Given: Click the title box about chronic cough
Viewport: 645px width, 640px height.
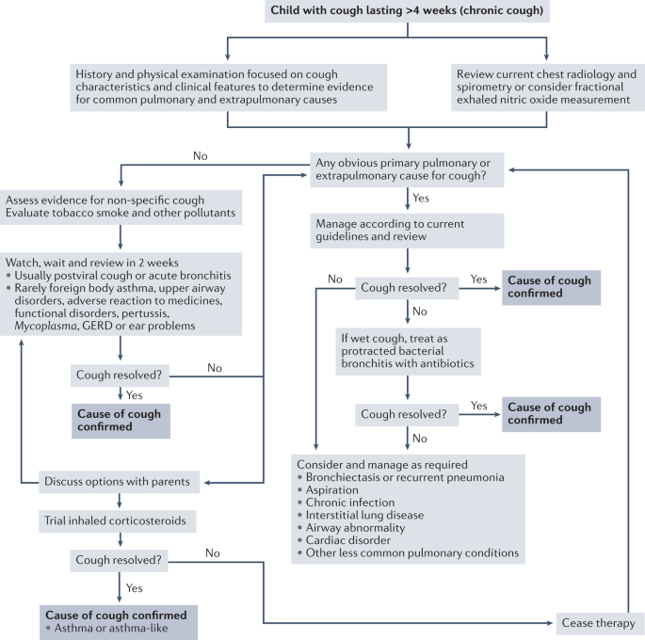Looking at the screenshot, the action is [x=407, y=10].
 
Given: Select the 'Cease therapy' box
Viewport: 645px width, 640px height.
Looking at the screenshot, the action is [x=599, y=623].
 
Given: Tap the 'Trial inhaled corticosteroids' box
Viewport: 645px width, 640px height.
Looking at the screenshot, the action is [x=118, y=520].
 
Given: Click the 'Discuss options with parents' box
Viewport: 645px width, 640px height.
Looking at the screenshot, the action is [x=120, y=482].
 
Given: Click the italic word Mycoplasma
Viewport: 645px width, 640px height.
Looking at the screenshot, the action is [x=45, y=326].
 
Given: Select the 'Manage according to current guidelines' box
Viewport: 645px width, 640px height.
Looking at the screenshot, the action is [x=407, y=231].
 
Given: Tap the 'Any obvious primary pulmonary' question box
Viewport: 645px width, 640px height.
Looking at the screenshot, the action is [x=407, y=169].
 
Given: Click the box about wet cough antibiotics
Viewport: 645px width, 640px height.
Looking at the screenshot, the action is [x=408, y=351].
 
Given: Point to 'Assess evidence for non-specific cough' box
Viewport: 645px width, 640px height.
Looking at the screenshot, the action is [x=121, y=207].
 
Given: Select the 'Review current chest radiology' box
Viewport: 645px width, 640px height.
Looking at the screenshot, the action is [x=548, y=88].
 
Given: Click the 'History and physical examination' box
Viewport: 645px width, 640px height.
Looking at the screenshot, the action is [x=228, y=88].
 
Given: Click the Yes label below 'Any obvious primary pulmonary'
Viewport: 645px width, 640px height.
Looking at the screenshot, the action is [x=421, y=199].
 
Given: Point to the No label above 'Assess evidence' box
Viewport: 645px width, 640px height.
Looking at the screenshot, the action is [x=201, y=156].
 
